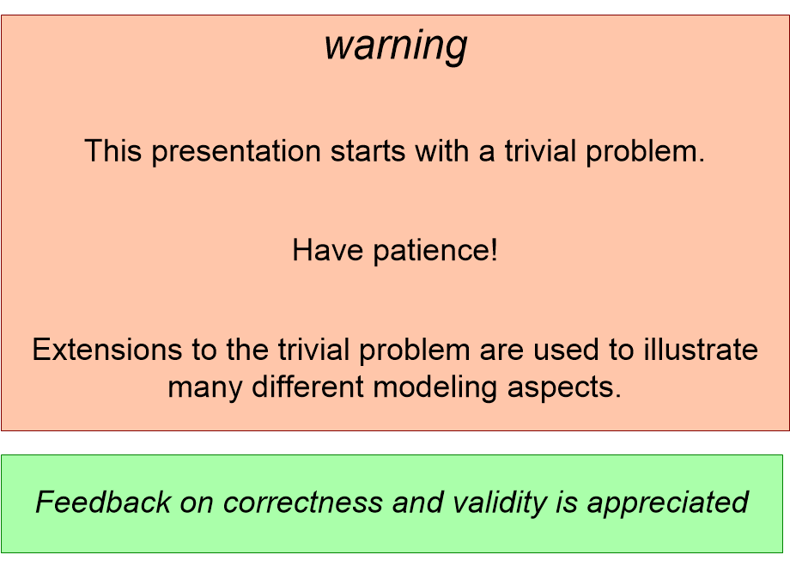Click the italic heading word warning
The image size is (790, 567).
(395, 46)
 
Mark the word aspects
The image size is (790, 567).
(568, 387)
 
